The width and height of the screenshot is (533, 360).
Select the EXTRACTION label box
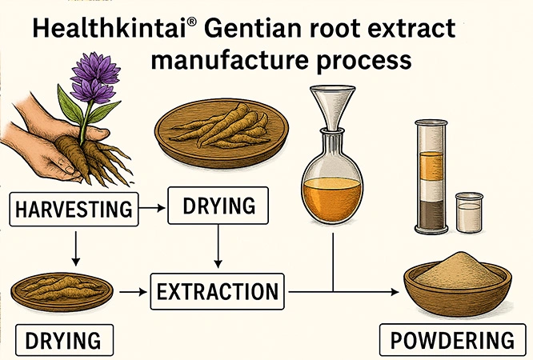[x=216, y=291]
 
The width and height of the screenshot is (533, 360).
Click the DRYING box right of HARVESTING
[x=218, y=206]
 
